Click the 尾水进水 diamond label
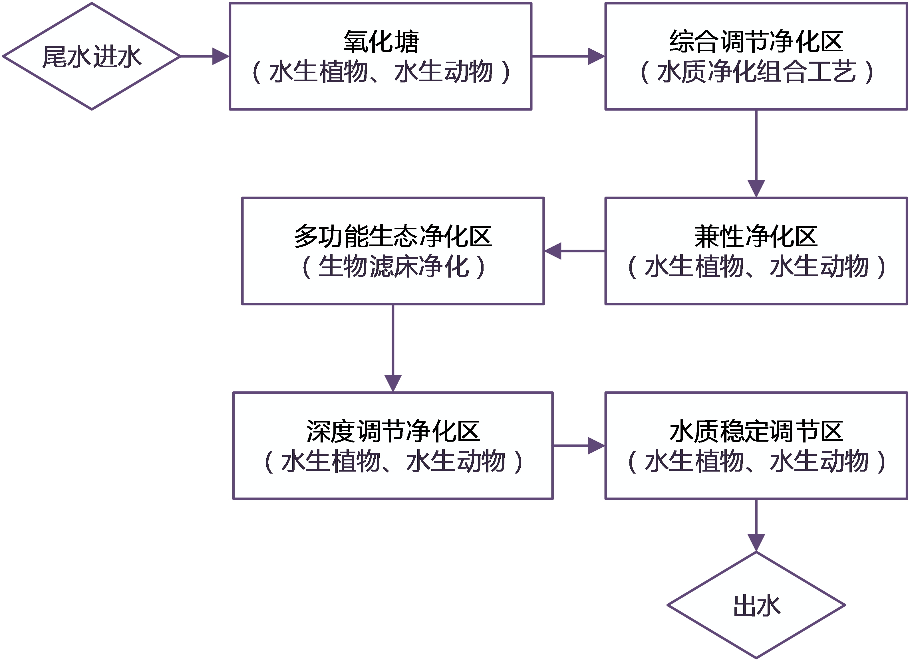[x=91, y=56]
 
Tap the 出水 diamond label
[x=756, y=606]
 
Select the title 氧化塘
[x=381, y=41]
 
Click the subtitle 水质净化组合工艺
[x=756, y=72]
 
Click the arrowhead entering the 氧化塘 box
[x=220, y=56]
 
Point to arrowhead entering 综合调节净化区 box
[x=596, y=56]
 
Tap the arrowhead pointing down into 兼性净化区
[x=756, y=189]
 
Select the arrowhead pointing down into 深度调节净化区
[x=393, y=383]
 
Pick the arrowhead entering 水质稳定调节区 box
[x=596, y=446]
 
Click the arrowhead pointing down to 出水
[x=756, y=543]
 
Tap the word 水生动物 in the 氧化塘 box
[x=443, y=72]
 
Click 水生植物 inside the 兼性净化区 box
[x=694, y=266]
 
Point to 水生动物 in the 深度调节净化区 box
[x=456, y=461]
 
